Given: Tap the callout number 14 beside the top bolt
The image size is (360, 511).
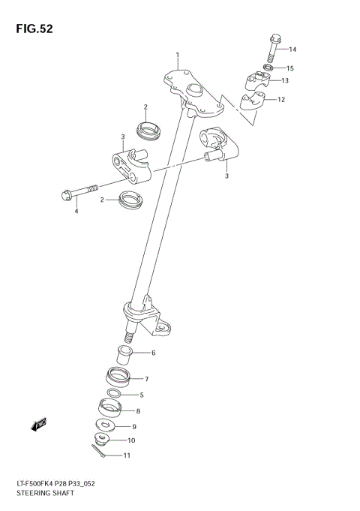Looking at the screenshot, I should pos(292,50).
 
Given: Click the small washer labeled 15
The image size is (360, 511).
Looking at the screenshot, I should pos(268,68).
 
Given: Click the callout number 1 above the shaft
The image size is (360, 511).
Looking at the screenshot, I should pos(178,56).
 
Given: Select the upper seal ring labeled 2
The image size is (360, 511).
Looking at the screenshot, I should pos(151,129).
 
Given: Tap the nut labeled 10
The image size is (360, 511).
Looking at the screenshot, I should pos(102,440).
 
